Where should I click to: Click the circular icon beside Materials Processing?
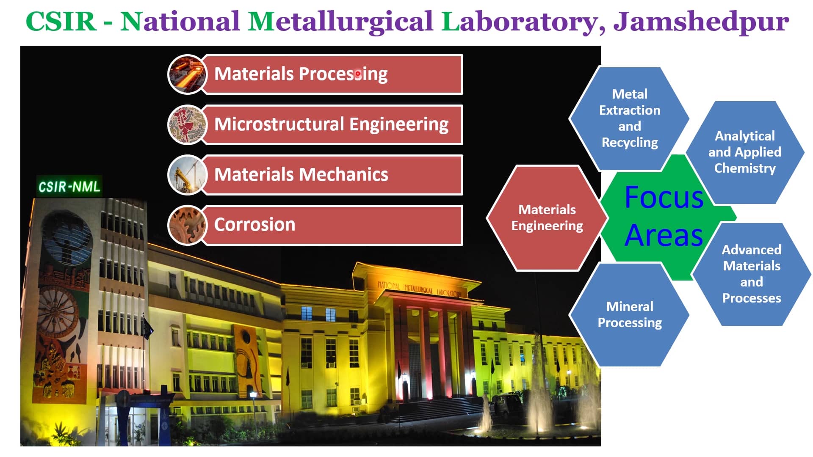pyautogui.click(x=187, y=74)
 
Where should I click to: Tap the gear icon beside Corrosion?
pyautogui.click(x=187, y=225)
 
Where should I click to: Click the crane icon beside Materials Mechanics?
pyautogui.click(x=187, y=174)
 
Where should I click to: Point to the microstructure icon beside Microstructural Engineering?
pyautogui.click(x=187, y=124)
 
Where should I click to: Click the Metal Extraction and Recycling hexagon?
pyautogui.click(x=629, y=118)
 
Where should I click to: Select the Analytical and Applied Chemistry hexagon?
pyautogui.click(x=744, y=152)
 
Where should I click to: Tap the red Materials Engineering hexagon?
pyautogui.click(x=547, y=217)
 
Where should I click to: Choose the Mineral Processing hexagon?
pyautogui.click(x=629, y=314)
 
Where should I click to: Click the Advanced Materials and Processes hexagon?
pyautogui.click(x=751, y=274)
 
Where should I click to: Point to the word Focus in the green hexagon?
pyautogui.click(x=664, y=198)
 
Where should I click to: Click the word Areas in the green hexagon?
pyautogui.click(x=664, y=235)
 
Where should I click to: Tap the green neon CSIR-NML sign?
pyautogui.click(x=69, y=187)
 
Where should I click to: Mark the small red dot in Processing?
pyautogui.click(x=358, y=74)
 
